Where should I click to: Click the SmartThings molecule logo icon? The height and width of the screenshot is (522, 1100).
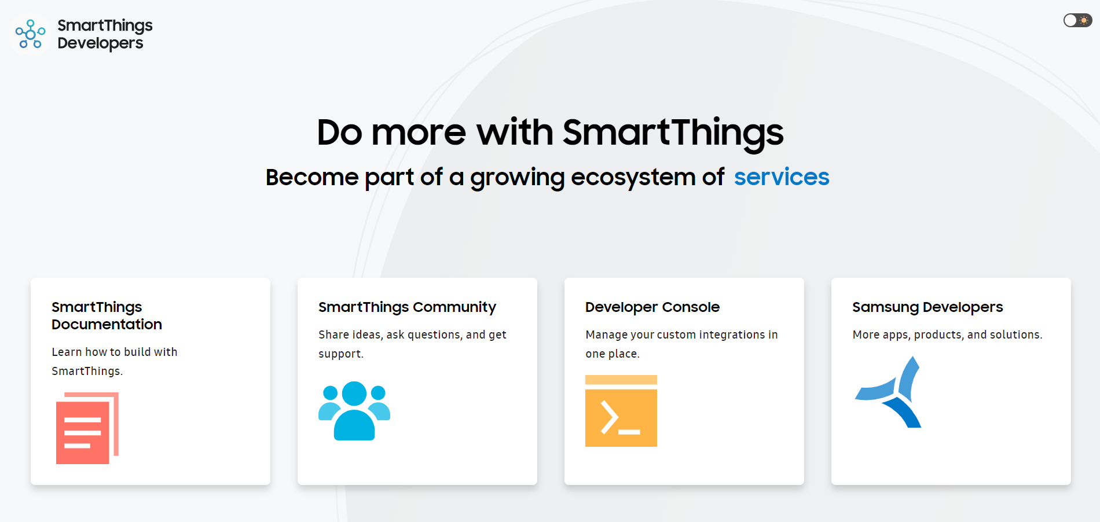pyautogui.click(x=30, y=34)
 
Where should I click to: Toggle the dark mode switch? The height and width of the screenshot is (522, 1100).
pyautogui.click(x=1077, y=21)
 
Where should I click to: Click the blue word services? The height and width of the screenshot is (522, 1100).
pyautogui.click(x=781, y=177)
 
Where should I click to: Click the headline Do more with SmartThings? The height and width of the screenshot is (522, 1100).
pyautogui.click(x=550, y=133)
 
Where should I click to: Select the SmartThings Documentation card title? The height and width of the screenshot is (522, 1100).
pyautogui.click(x=107, y=315)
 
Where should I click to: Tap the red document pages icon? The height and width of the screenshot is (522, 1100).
pyautogui.click(x=87, y=428)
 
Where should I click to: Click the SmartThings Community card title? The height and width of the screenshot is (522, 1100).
pyautogui.click(x=407, y=307)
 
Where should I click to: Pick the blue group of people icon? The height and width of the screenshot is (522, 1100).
pyautogui.click(x=354, y=410)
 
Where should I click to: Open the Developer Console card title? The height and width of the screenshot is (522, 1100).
pyautogui.click(x=652, y=307)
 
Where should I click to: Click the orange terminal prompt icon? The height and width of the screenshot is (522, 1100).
pyautogui.click(x=621, y=411)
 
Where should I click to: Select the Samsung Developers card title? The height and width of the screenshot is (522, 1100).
pyautogui.click(x=927, y=307)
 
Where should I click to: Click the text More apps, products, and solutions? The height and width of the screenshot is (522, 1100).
pyautogui.click(x=947, y=334)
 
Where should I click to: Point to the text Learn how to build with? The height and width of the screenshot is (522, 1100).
pyautogui.click(x=115, y=352)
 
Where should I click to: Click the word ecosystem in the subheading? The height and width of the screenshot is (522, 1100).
pyautogui.click(x=633, y=177)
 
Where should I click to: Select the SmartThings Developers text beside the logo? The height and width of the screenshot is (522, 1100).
pyautogui.click(x=104, y=34)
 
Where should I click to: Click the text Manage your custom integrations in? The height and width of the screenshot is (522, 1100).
pyautogui.click(x=681, y=334)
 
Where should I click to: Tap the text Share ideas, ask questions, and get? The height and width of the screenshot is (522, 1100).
pyautogui.click(x=412, y=334)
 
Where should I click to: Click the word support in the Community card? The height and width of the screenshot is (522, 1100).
pyautogui.click(x=340, y=354)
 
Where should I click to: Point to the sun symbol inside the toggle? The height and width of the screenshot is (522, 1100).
pyautogui.click(x=1084, y=21)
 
